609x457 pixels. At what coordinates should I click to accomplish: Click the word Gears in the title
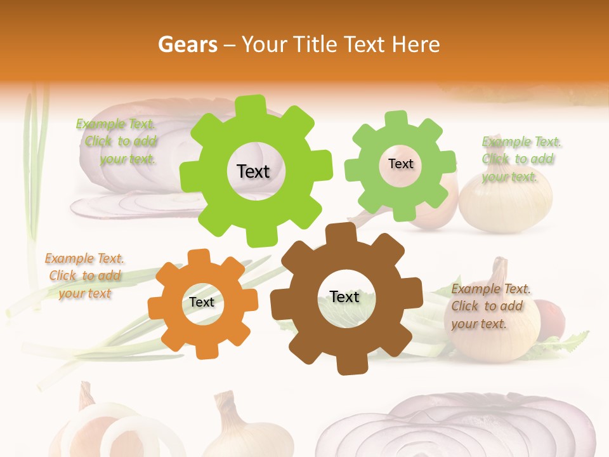(x=187, y=44)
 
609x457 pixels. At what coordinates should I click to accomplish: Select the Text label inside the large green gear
(x=253, y=171)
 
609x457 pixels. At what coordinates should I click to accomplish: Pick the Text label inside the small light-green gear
(x=400, y=164)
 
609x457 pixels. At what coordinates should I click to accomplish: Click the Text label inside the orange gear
(x=202, y=303)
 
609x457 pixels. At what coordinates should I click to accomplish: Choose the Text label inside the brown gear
(x=344, y=297)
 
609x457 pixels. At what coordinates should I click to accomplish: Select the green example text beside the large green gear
(x=117, y=142)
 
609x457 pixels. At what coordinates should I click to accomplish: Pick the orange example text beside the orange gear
(x=84, y=276)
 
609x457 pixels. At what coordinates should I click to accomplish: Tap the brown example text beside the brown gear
(x=490, y=306)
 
